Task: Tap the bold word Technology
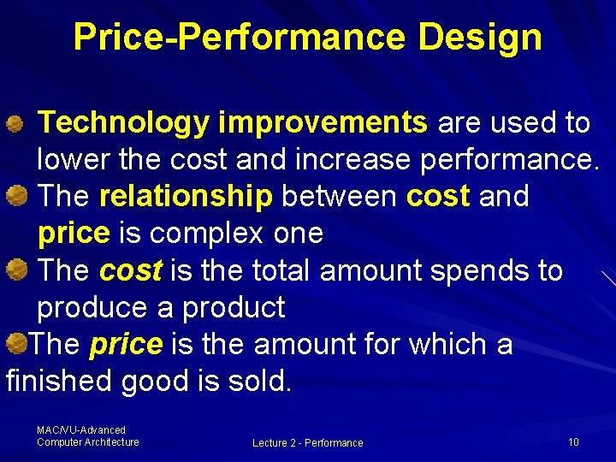[x=124, y=123]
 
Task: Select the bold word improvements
[x=323, y=123]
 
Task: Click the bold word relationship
[x=186, y=197]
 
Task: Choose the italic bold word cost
[x=130, y=270]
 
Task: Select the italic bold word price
[x=125, y=344]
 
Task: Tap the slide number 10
[x=573, y=442]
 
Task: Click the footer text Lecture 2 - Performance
[x=307, y=443]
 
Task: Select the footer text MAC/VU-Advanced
[x=81, y=430]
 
